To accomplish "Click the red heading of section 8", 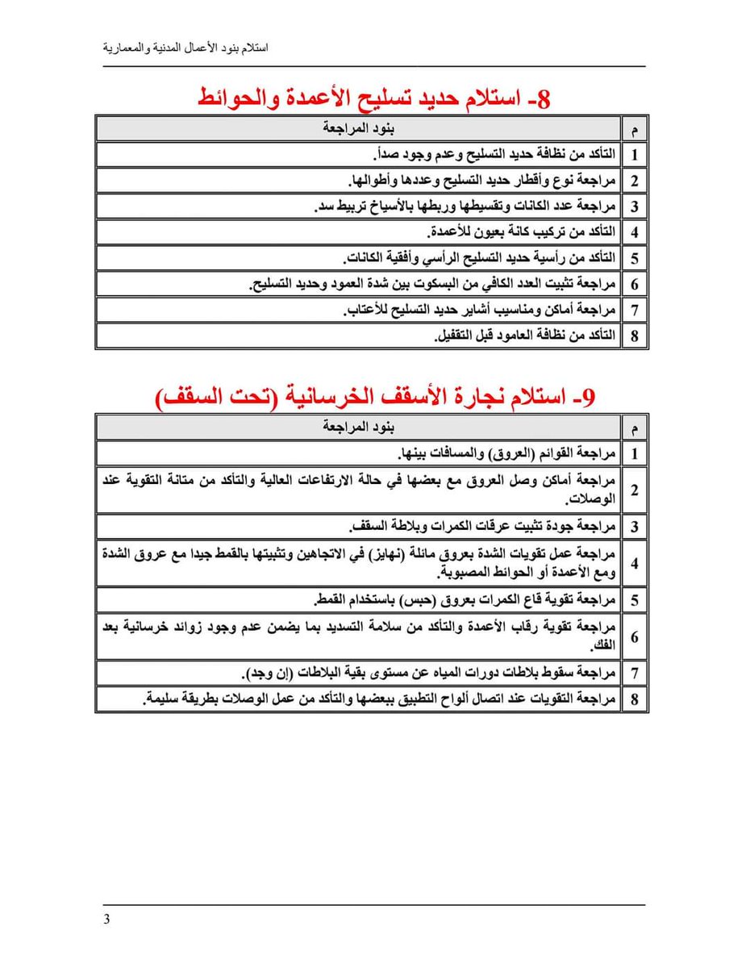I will pyautogui.click(x=374, y=98).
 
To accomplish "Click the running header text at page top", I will pyautogui.click(x=186, y=48).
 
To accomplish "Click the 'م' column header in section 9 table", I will pyautogui.click(x=635, y=427).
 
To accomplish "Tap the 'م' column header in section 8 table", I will pyautogui.click(x=635, y=129).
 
